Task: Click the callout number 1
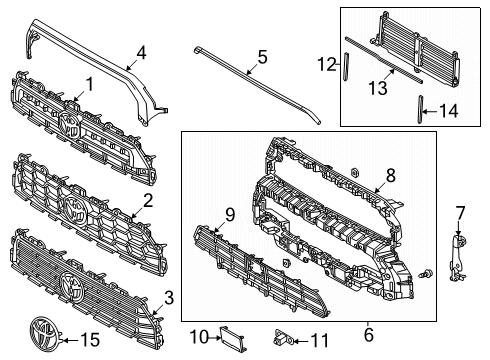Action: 88,85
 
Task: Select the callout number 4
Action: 141,51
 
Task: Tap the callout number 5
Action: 261,58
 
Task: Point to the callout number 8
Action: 391,175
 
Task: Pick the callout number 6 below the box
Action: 369,334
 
